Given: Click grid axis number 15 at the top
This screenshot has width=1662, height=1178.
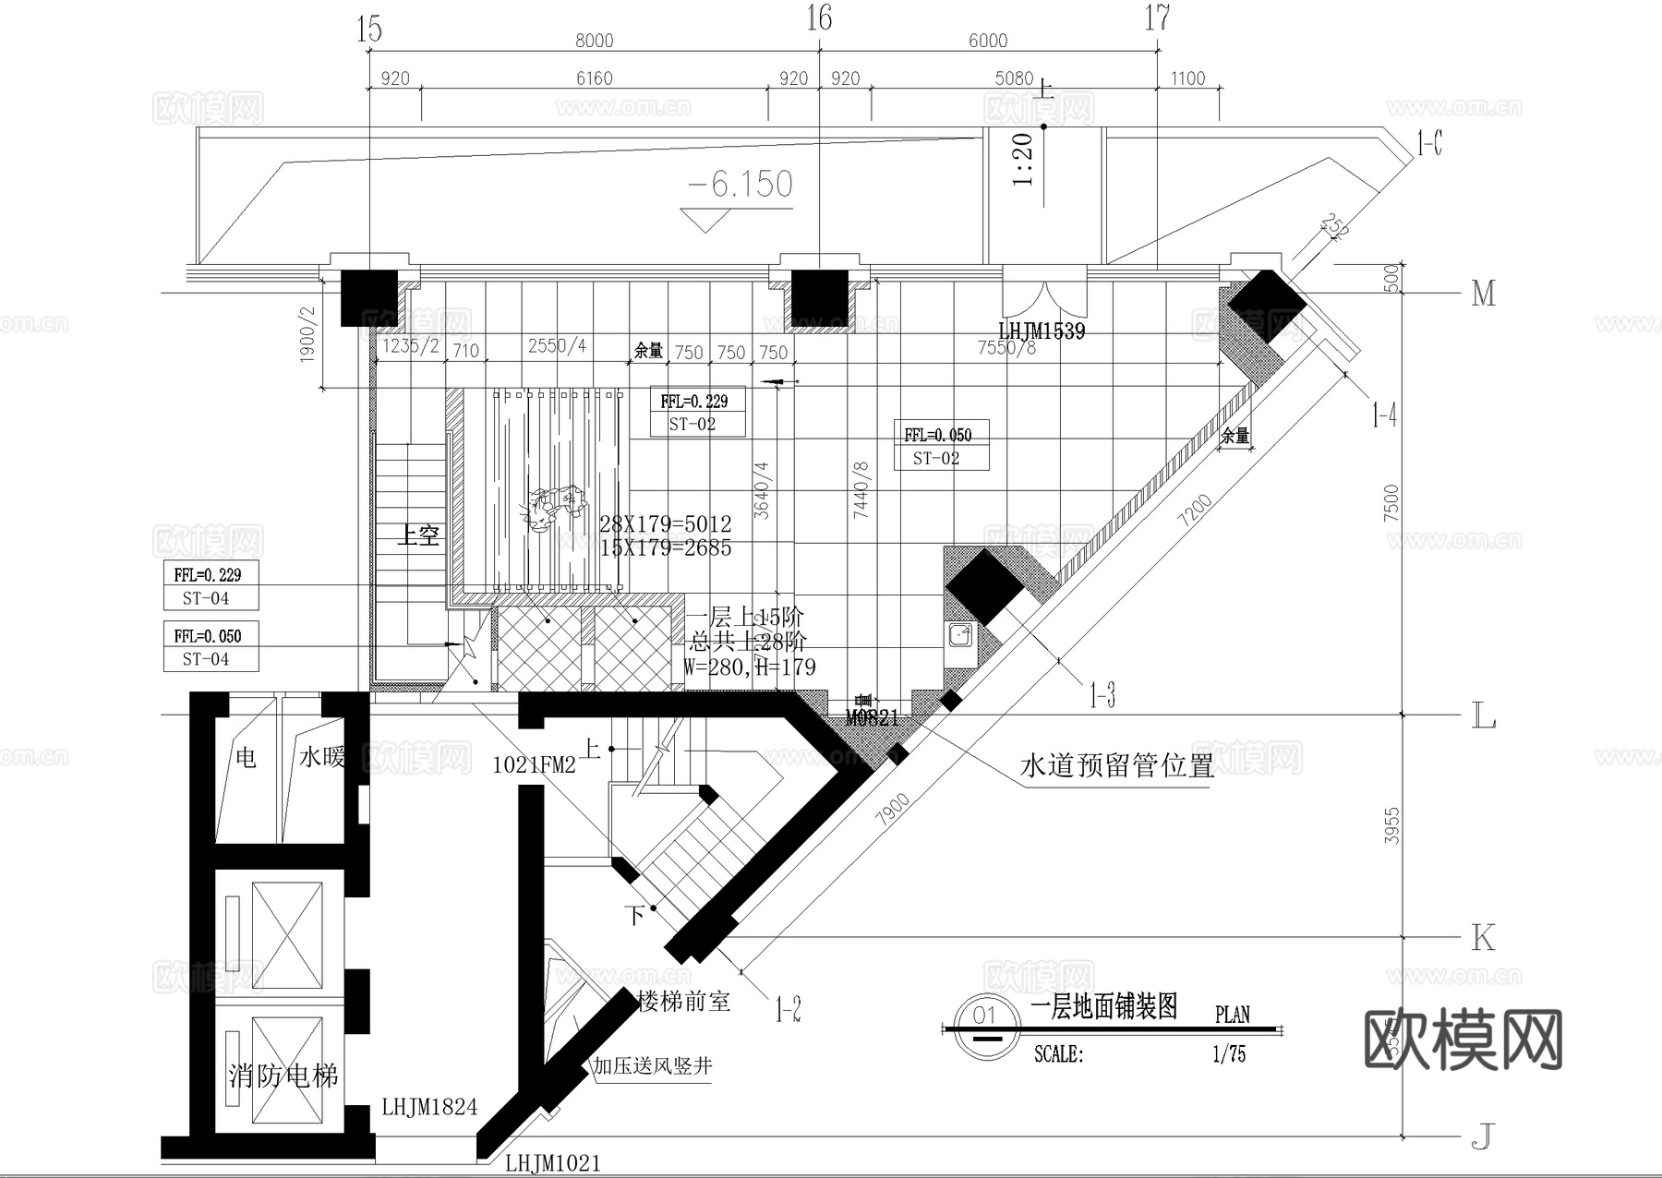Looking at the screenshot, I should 368,30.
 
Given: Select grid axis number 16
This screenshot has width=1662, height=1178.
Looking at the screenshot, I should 819,18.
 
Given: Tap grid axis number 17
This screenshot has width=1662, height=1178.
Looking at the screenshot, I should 1157,18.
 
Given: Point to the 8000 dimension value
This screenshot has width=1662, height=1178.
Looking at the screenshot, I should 594,41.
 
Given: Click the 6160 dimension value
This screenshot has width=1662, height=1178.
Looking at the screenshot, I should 594,78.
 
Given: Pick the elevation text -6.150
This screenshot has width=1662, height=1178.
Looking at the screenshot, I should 741,185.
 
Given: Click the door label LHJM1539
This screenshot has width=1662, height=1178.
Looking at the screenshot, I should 1042,331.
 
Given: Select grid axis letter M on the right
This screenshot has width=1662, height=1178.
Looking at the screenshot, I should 1483,294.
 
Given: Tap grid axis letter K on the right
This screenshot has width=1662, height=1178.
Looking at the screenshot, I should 1483,938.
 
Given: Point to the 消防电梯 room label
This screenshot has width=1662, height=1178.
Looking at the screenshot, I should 283,1076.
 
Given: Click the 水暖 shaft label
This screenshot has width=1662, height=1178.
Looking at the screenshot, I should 321,758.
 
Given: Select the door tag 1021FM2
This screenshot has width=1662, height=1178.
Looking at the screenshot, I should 534,764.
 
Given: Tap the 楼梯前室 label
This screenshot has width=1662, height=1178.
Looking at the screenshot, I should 684,1001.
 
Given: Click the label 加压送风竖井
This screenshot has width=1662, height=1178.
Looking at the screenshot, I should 652,1066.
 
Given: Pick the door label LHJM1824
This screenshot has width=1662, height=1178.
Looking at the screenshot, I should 429,1107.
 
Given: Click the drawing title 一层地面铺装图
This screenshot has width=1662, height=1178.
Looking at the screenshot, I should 1103,1006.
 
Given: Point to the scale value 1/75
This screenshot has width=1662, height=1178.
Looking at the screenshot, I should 1228,1053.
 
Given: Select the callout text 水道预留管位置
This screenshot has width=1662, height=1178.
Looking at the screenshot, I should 1116,765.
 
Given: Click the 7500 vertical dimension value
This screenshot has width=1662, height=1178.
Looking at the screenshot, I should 1391,503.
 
